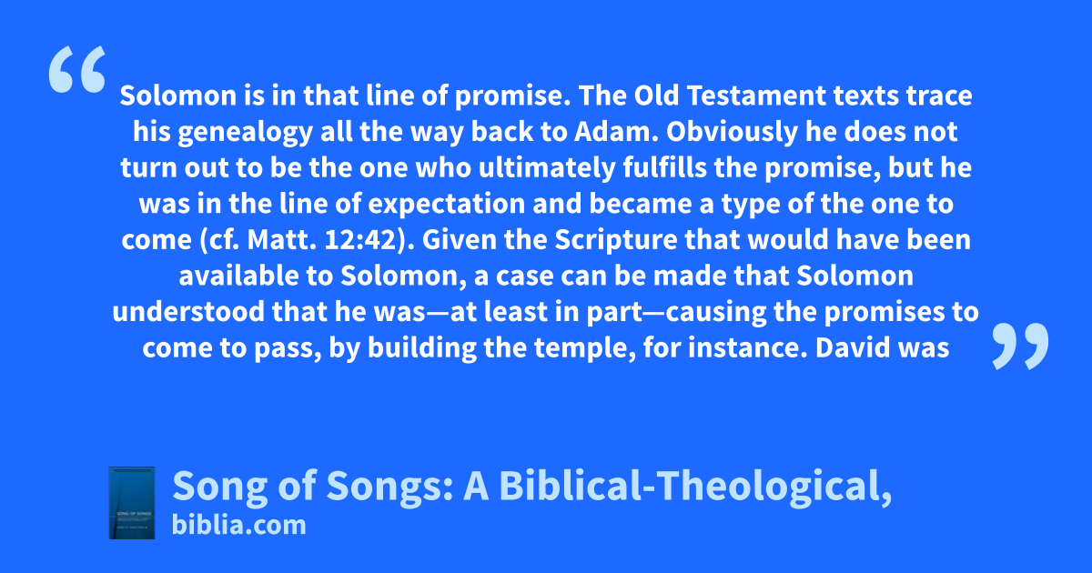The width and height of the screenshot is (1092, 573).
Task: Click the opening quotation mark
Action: point(77,69)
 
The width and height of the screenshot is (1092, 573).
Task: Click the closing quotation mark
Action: point(1020,346)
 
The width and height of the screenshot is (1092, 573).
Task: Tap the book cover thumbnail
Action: point(132,503)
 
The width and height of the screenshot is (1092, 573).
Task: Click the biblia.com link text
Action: point(238,526)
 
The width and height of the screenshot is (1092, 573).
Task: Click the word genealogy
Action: point(245,133)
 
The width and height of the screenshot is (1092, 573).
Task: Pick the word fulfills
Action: point(665,167)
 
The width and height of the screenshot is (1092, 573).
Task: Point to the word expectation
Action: point(446,205)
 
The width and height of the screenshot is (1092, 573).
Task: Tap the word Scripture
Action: point(616,241)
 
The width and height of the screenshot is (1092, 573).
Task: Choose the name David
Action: point(854,347)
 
